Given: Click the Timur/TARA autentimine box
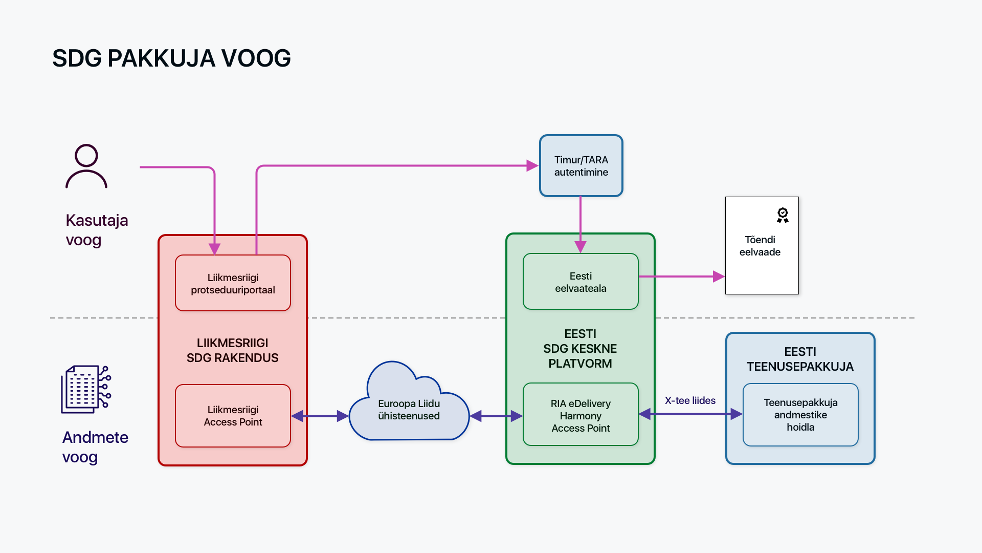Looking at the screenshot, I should (581, 166).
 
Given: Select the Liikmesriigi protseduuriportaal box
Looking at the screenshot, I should (233, 283).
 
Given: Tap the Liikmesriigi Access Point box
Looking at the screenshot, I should (233, 416).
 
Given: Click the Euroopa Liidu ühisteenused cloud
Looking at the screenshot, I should (409, 410).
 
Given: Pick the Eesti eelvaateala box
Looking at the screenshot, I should (581, 282).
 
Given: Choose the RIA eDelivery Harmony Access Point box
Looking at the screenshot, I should (581, 415).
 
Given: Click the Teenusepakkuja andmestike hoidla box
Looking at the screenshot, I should (800, 415).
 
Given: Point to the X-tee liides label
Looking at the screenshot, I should (690, 400).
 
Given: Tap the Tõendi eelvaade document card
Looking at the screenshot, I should (762, 246).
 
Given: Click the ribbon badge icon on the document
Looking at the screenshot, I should (783, 215).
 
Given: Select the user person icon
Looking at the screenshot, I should (86, 166).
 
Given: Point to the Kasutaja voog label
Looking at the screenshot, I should (97, 230).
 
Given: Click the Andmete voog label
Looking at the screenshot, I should (95, 447).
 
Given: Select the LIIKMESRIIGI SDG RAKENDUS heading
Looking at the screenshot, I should (232, 350).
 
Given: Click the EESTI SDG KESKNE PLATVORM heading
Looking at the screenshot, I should (580, 349).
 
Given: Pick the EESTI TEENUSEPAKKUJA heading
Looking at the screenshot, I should (800, 359).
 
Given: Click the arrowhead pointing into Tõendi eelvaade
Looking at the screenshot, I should (719, 276).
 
